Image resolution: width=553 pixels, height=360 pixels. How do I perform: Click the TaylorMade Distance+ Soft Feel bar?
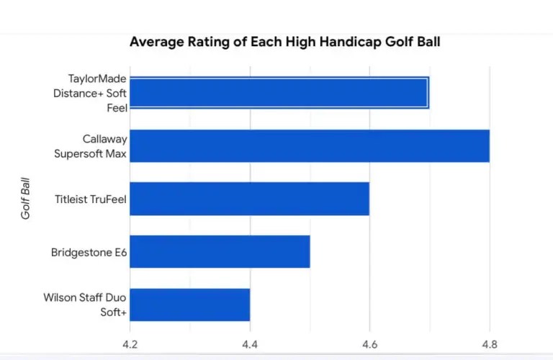(x=279, y=93)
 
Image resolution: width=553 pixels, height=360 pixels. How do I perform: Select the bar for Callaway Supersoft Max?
(x=310, y=146)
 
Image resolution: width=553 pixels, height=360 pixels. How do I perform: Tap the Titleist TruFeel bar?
(x=249, y=199)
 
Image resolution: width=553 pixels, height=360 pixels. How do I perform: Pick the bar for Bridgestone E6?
(x=220, y=251)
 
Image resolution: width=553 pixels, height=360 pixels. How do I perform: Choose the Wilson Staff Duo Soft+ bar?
(x=189, y=305)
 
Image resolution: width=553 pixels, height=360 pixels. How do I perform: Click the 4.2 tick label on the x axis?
(x=130, y=344)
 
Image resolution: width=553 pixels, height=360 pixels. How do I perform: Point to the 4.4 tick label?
(x=250, y=344)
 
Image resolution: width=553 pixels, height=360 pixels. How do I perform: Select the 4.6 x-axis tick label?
(x=369, y=344)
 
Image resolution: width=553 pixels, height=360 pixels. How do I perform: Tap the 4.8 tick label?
(x=490, y=344)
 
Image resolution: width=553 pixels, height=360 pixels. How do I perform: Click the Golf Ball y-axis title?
(x=27, y=199)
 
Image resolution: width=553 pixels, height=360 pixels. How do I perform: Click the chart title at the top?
(x=284, y=41)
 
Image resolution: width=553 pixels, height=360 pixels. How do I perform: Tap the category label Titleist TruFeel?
(x=90, y=199)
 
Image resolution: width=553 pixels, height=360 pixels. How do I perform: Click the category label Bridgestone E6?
(x=89, y=252)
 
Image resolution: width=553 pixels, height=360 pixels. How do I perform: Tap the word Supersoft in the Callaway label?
(x=89, y=153)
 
